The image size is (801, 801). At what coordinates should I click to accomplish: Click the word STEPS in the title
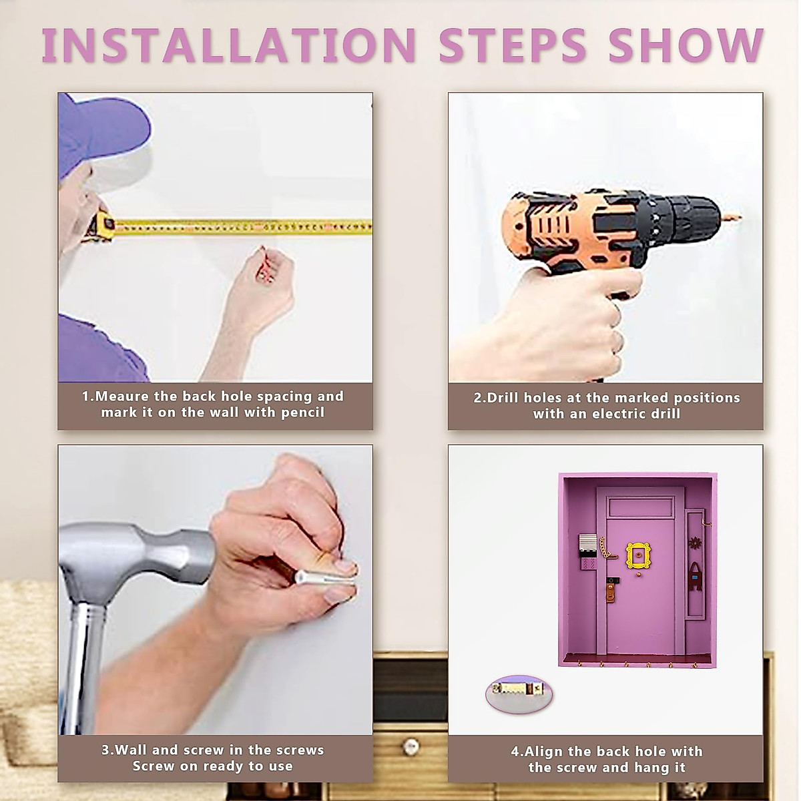tap(513, 45)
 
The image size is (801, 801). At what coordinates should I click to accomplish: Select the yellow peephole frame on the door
tap(637, 555)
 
